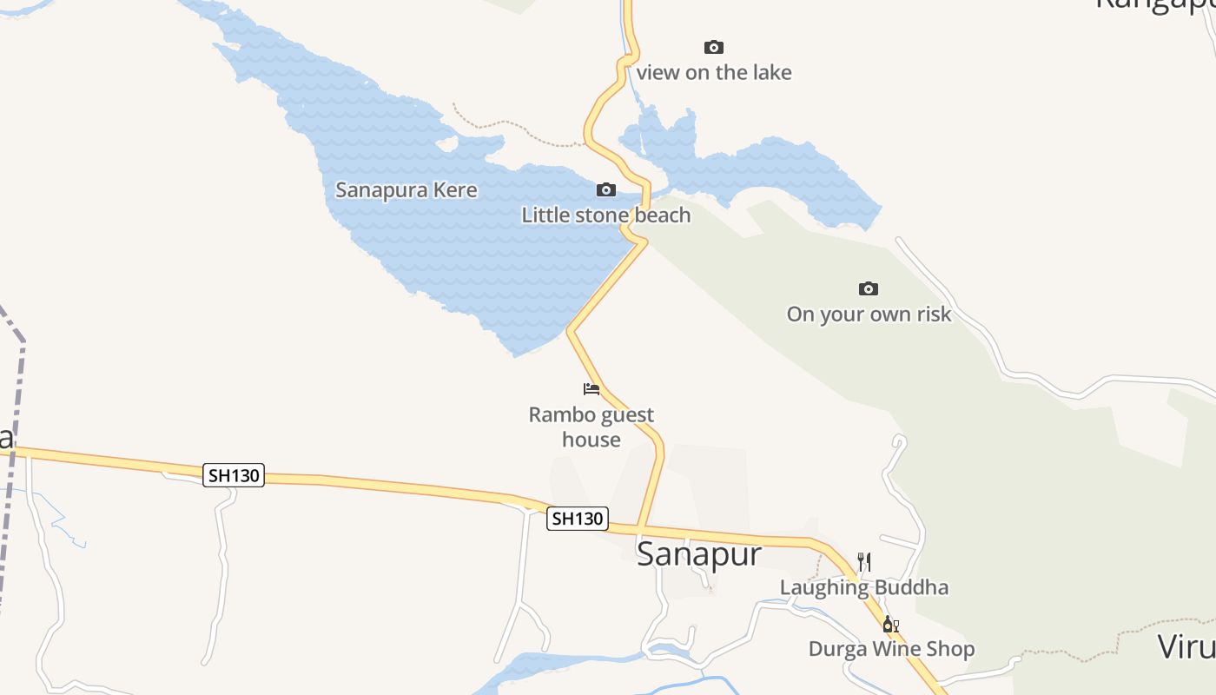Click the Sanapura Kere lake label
(x=406, y=189)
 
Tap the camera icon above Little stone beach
(x=606, y=189)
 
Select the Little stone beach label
(x=606, y=215)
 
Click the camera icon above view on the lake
(x=714, y=47)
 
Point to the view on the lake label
(x=714, y=72)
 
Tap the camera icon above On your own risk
(x=869, y=288)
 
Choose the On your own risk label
(x=869, y=314)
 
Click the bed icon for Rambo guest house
(x=591, y=388)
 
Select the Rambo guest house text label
(x=591, y=427)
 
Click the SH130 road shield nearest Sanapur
(x=578, y=519)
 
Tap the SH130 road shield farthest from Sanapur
(x=234, y=475)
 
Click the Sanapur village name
(x=699, y=553)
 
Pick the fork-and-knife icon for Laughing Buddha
(x=864, y=562)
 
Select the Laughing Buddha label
(x=864, y=587)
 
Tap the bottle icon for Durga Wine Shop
(x=890, y=624)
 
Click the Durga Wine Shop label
(x=891, y=649)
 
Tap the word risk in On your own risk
(x=932, y=314)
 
